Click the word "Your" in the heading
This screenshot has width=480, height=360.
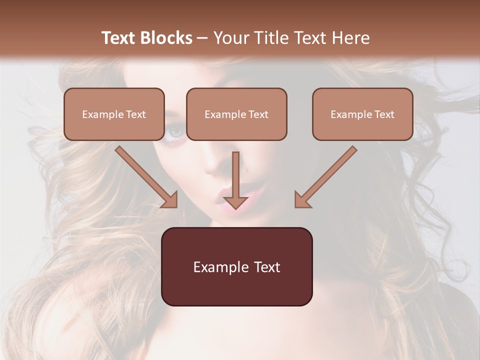(x=230, y=38)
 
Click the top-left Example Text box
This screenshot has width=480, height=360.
(x=114, y=114)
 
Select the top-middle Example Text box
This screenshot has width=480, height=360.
(x=236, y=114)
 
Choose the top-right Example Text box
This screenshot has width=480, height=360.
(x=362, y=114)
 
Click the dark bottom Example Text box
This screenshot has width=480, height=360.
(x=236, y=266)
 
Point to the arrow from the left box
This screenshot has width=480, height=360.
(x=145, y=175)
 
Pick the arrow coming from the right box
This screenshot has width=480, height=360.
(x=327, y=175)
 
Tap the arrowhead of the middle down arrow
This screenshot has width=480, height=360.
(x=235, y=202)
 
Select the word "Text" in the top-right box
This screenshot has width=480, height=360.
(x=384, y=114)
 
